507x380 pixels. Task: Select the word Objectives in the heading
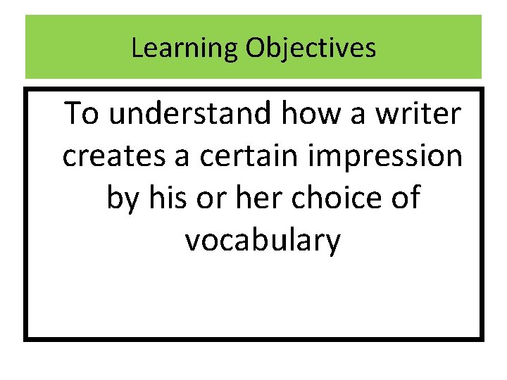click(x=311, y=49)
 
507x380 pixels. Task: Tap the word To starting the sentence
click(x=82, y=113)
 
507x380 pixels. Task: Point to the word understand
click(x=189, y=113)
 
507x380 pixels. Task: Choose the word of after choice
click(x=404, y=198)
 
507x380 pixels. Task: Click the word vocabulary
click(x=263, y=242)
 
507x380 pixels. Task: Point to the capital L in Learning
click(x=137, y=49)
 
